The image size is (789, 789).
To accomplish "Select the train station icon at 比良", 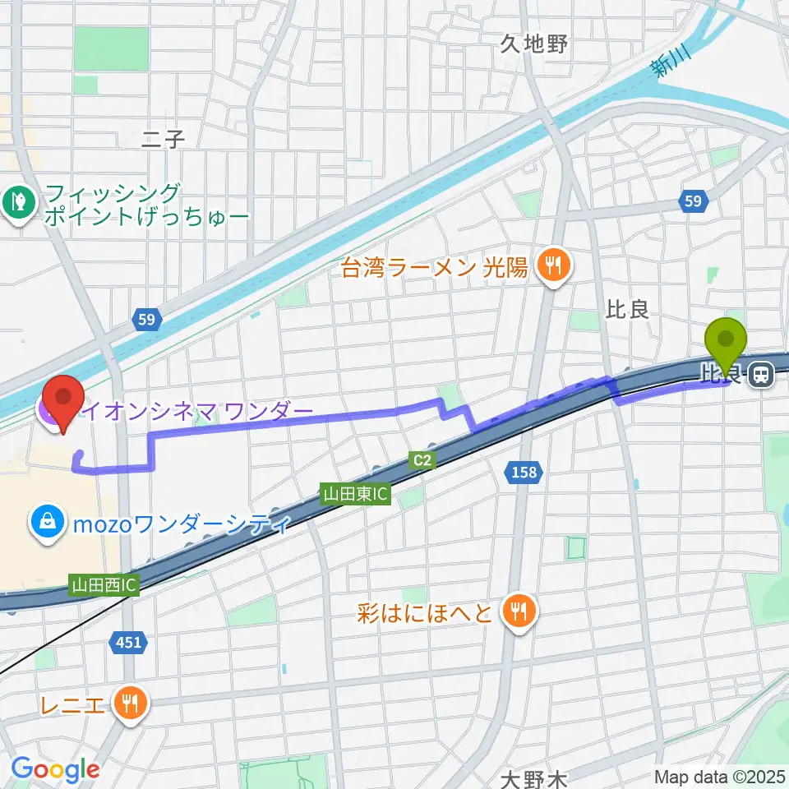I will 762,376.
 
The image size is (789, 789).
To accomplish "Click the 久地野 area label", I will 534,44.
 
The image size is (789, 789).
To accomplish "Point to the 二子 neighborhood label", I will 163,139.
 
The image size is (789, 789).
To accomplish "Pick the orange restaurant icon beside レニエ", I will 131,704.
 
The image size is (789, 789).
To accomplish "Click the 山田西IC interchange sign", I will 104,585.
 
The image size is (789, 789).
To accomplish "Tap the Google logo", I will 55,770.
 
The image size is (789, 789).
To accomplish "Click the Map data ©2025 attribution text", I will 719,776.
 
